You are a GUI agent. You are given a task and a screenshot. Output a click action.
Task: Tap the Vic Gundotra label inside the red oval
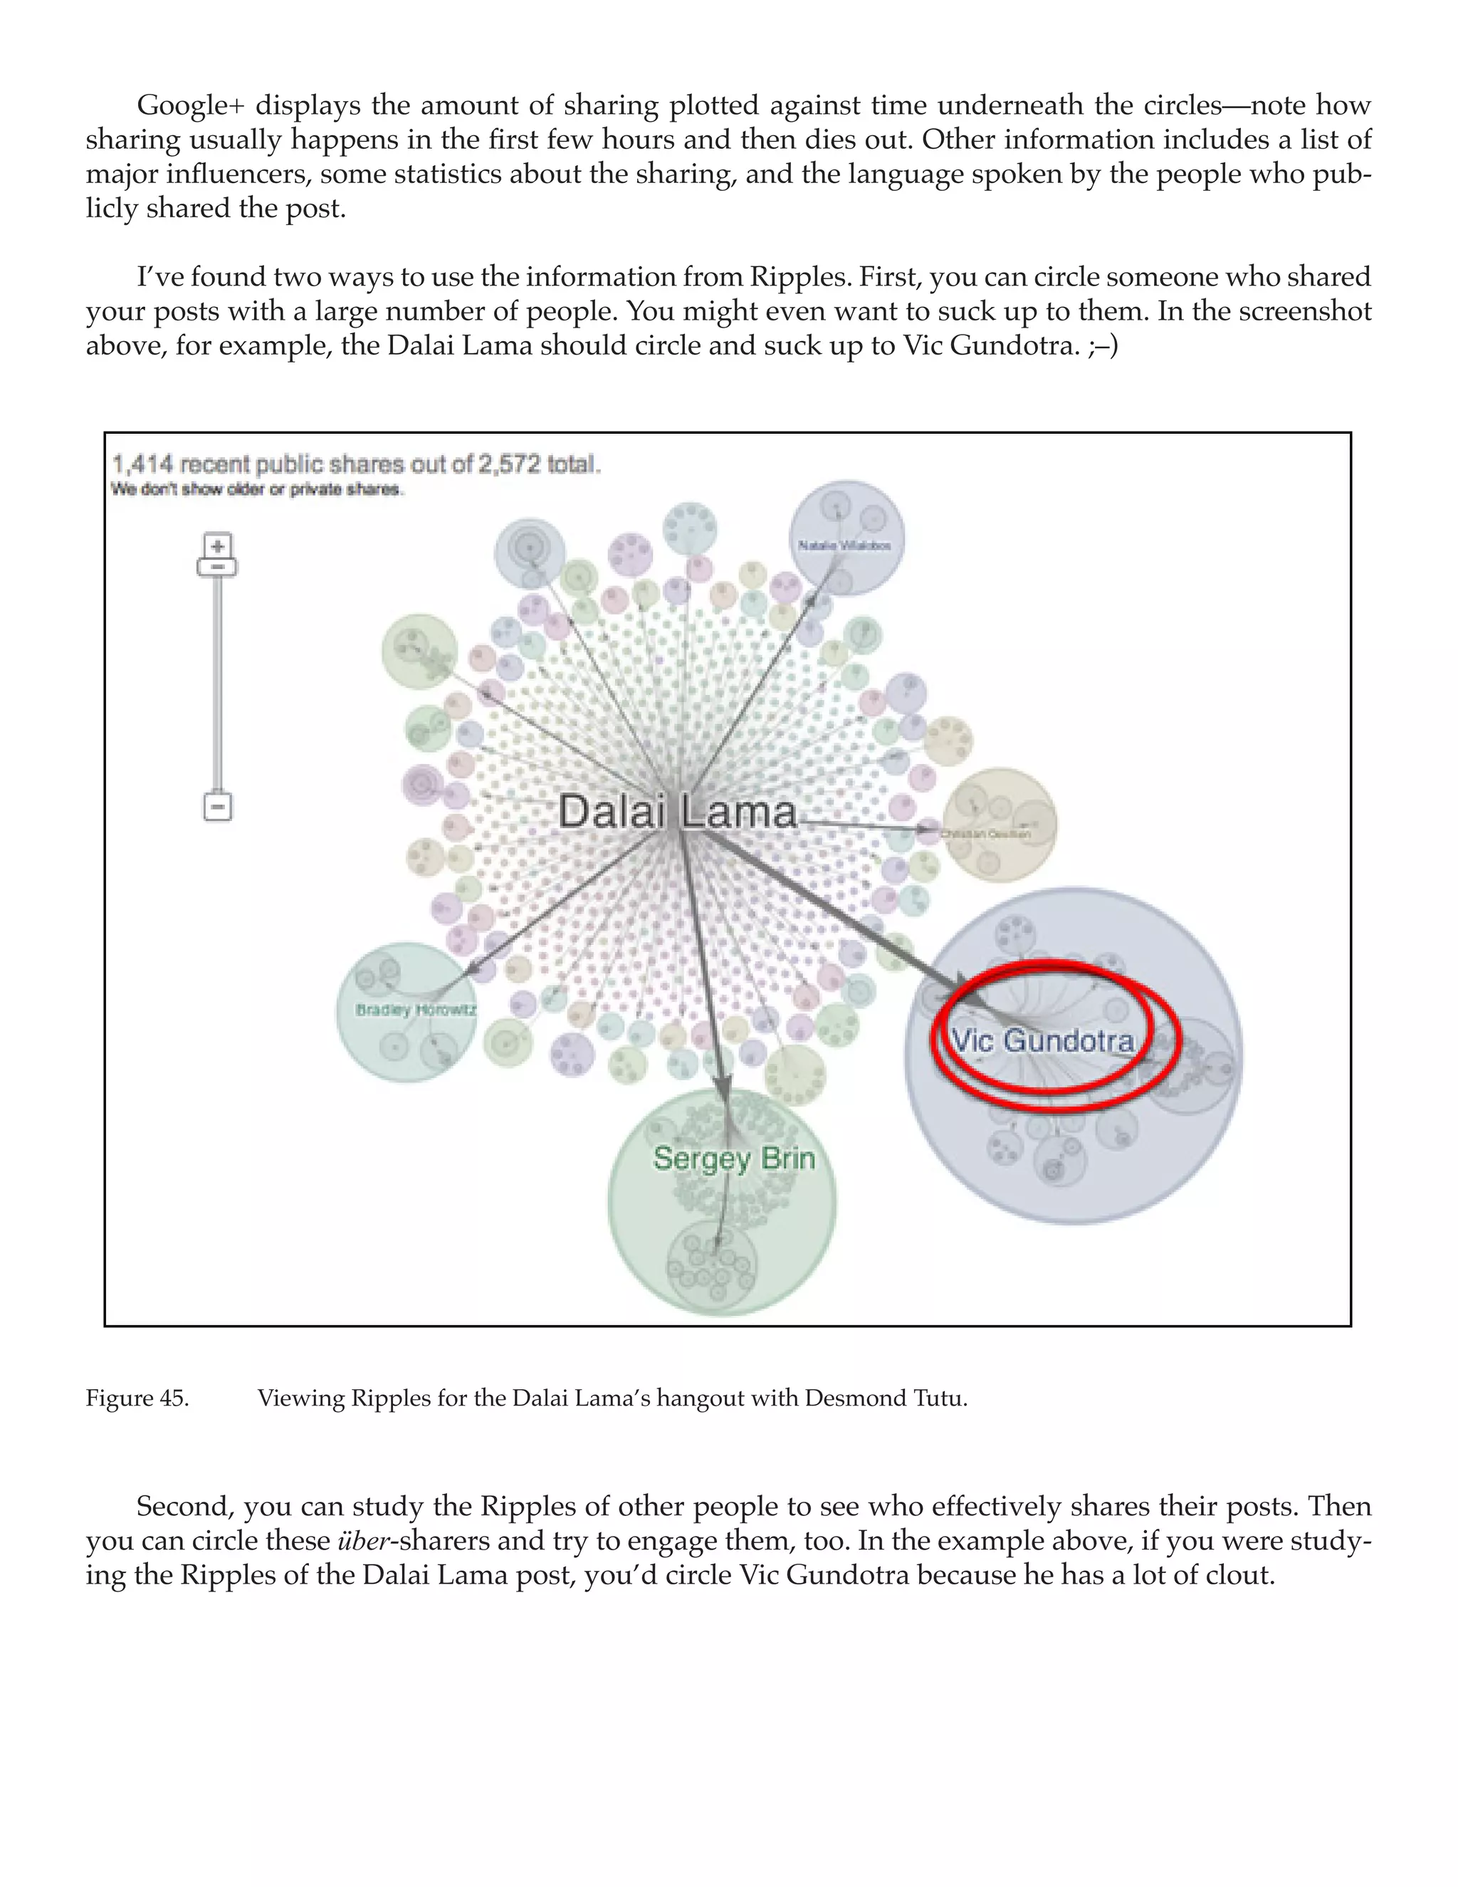tap(1042, 1040)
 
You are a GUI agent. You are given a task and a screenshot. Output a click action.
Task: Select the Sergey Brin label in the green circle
tap(733, 1158)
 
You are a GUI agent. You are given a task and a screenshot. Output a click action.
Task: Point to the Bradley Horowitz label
tap(416, 1010)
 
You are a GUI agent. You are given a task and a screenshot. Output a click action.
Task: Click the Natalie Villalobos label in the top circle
tap(845, 545)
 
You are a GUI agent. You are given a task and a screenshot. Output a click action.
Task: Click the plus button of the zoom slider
tap(218, 546)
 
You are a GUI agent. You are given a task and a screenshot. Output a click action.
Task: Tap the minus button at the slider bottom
tap(218, 807)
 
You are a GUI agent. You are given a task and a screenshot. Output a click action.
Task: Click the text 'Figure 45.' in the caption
tap(137, 1398)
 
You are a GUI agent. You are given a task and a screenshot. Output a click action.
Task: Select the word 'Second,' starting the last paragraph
tap(186, 1506)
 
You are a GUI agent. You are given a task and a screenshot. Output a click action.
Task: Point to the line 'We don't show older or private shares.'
tap(258, 490)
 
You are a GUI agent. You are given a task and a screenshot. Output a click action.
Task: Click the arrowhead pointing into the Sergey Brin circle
tap(724, 1087)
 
